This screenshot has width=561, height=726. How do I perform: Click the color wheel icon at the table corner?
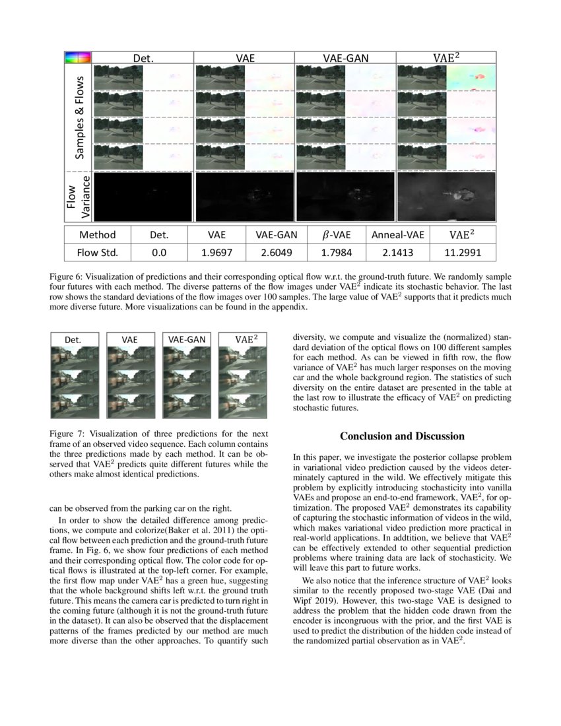pyautogui.click(x=77, y=58)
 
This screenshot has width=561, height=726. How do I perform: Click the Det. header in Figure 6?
pyautogui.click(x=143, y=58)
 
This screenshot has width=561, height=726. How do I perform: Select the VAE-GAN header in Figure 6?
pyautogui.click(x=345, y=58)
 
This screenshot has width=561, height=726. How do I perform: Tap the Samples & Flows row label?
pyautogui.click(x=79, y=118)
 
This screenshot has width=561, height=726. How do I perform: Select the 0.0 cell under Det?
pyautogui.click(x=159, y=251)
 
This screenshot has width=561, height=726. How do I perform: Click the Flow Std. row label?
pyautogui.click(x=98, y=251)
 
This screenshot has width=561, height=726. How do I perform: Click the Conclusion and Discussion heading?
pyautogui.click(x=402, y=436)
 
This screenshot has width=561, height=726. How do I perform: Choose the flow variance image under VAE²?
pyautogui.click(x=445, y=197)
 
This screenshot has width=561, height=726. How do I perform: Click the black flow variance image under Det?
pyautogui.click(x=143, y=197)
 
